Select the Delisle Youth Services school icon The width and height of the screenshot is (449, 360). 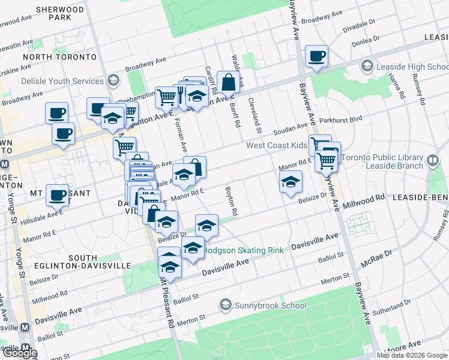pos(112,80)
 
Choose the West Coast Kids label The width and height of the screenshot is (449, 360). pos(276,146)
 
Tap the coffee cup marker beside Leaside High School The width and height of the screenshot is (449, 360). pos(316,57)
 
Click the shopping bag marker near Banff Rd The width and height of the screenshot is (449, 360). pos(229,82)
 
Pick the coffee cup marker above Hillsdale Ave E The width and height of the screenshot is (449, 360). pos(58,195)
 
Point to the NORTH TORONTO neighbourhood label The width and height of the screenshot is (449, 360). pos(59,57)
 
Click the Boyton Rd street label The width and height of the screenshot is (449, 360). pos(232,201)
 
